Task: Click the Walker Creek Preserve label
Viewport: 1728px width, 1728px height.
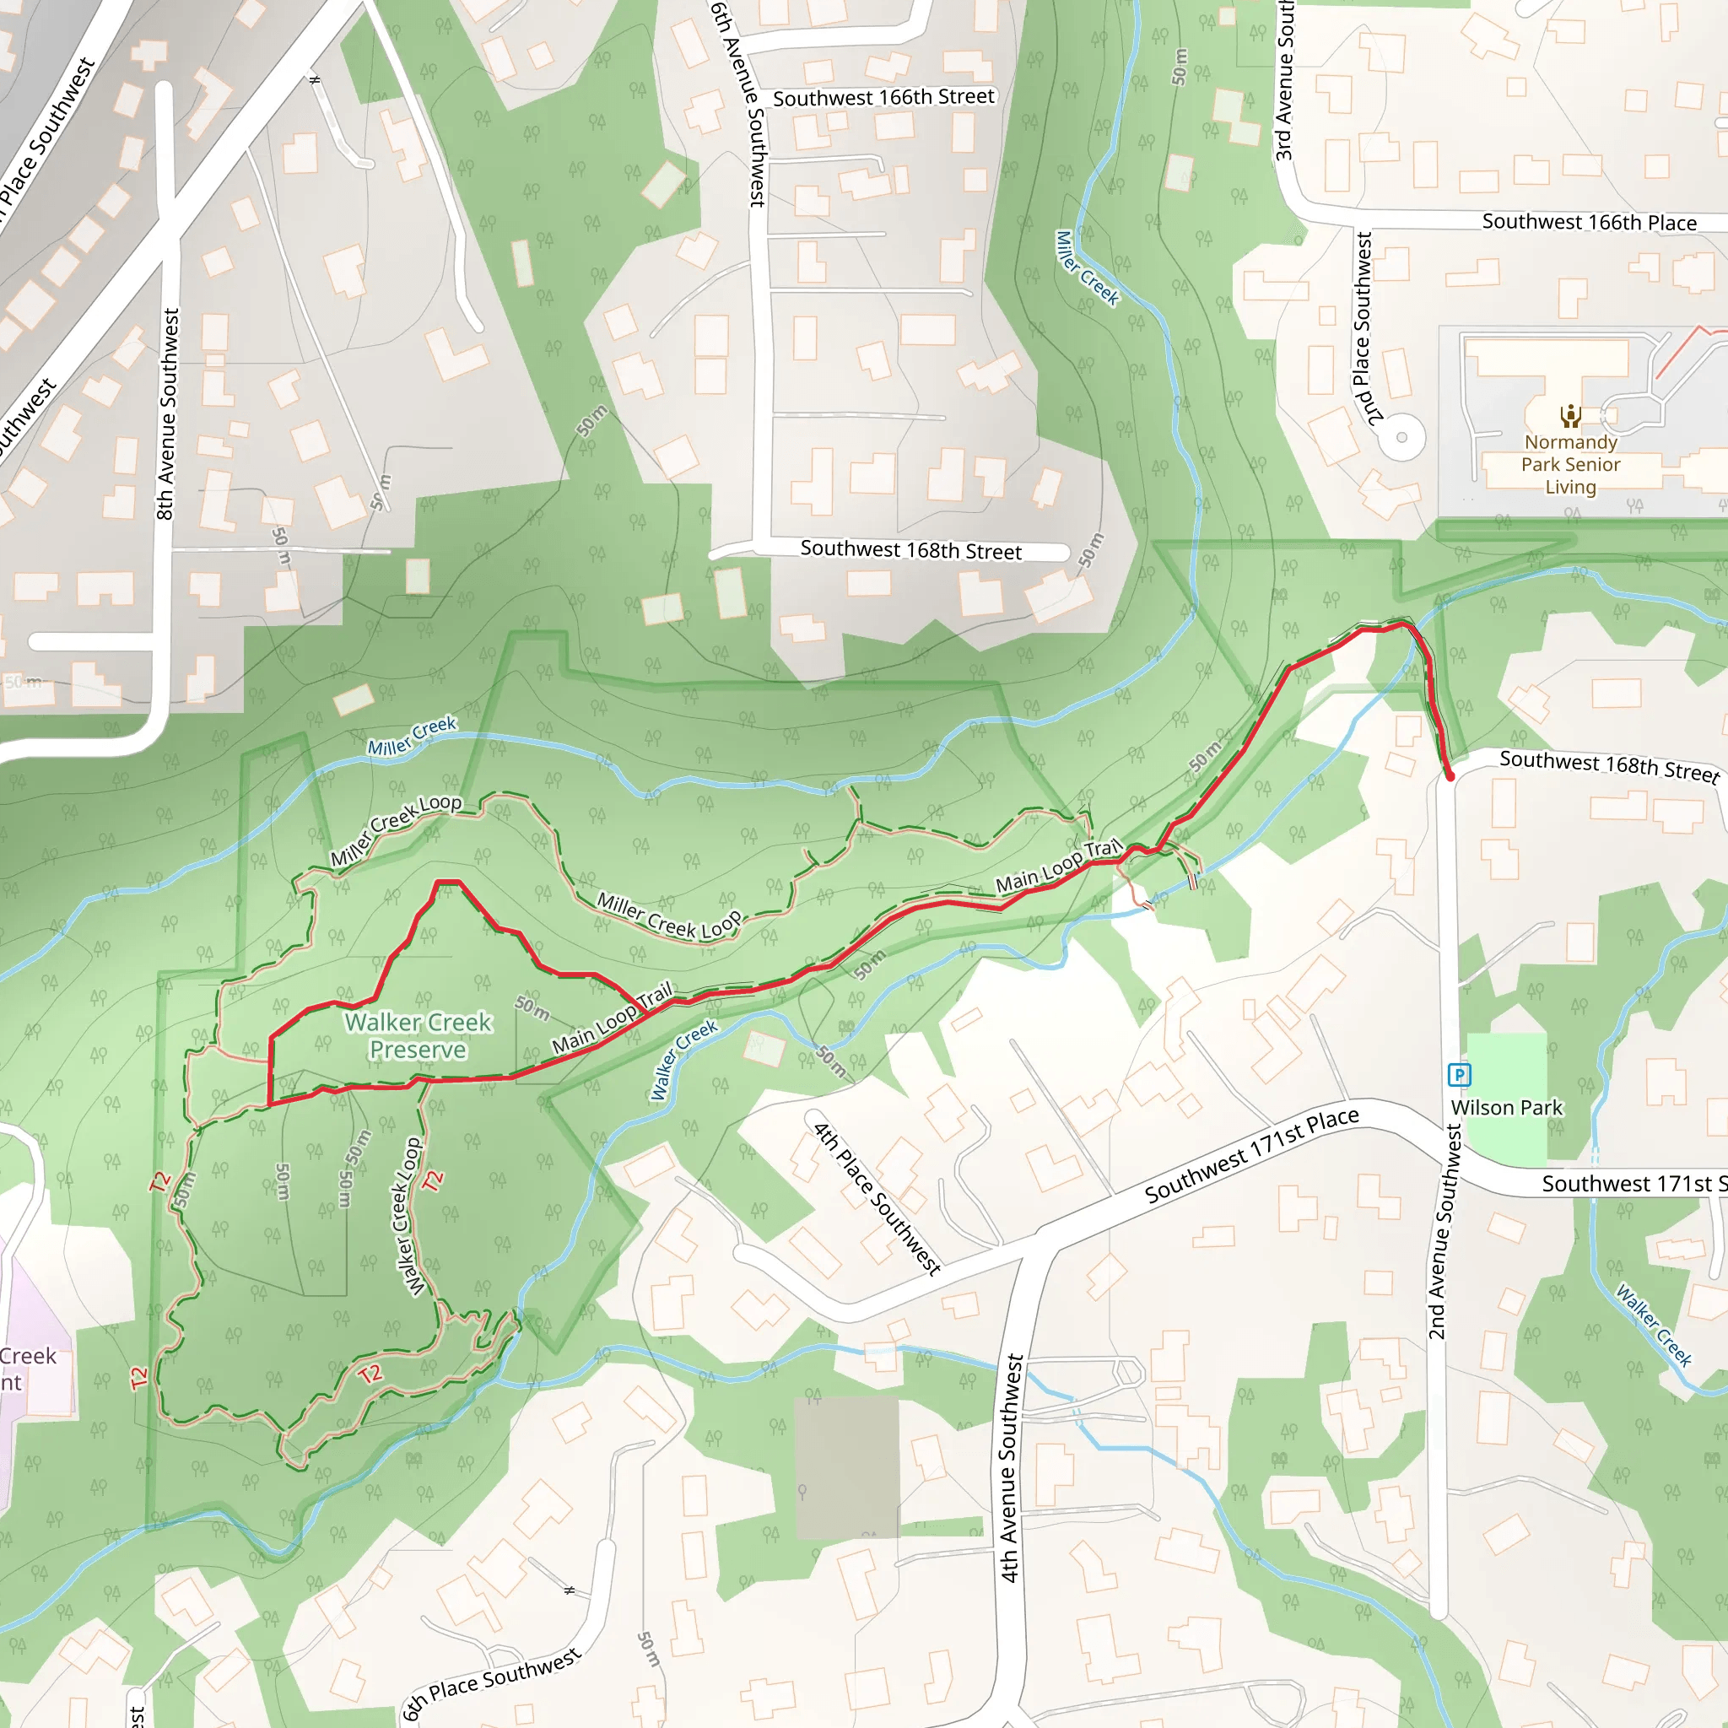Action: pos(418,1036)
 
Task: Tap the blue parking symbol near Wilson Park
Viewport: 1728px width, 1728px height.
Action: pos(1459,1074)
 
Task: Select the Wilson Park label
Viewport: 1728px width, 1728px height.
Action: pos(1506,1107)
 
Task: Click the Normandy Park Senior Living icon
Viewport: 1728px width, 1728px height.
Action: pos(1570,416)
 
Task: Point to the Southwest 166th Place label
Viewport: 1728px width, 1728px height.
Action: pos(1589,222)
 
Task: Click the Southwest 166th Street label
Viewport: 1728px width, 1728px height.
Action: pos(883,98)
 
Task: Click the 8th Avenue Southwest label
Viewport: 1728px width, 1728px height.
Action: pos(167,414)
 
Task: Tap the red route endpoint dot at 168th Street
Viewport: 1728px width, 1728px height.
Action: pos(1450,776)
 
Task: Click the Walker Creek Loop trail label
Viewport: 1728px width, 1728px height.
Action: pos(408,1217)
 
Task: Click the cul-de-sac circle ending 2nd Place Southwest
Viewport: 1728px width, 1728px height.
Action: pos(1401,438)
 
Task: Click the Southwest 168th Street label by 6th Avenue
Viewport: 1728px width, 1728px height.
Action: pos(910,549)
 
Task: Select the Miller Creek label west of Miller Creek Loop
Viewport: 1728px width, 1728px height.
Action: pos(412,735)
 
